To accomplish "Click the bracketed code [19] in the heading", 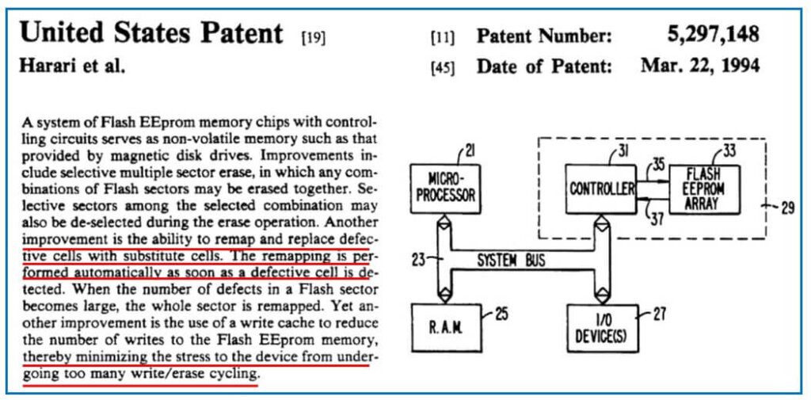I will (313, 36).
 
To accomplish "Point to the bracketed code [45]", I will (442, 67).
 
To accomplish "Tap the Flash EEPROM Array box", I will (703, 189).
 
